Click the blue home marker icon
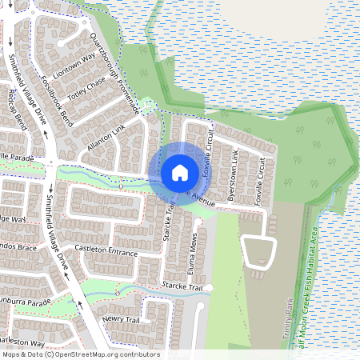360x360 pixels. tap(179, 172)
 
